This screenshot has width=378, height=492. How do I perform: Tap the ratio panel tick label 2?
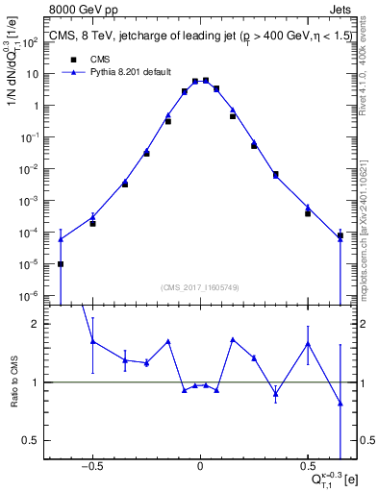point(43,325)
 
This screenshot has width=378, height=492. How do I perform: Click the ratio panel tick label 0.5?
point(40,440)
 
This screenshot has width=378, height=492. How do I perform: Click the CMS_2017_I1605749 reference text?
point(199,287)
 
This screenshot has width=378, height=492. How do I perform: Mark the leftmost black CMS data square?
point(61,264)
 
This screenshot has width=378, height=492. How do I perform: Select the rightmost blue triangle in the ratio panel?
point(340,404)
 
